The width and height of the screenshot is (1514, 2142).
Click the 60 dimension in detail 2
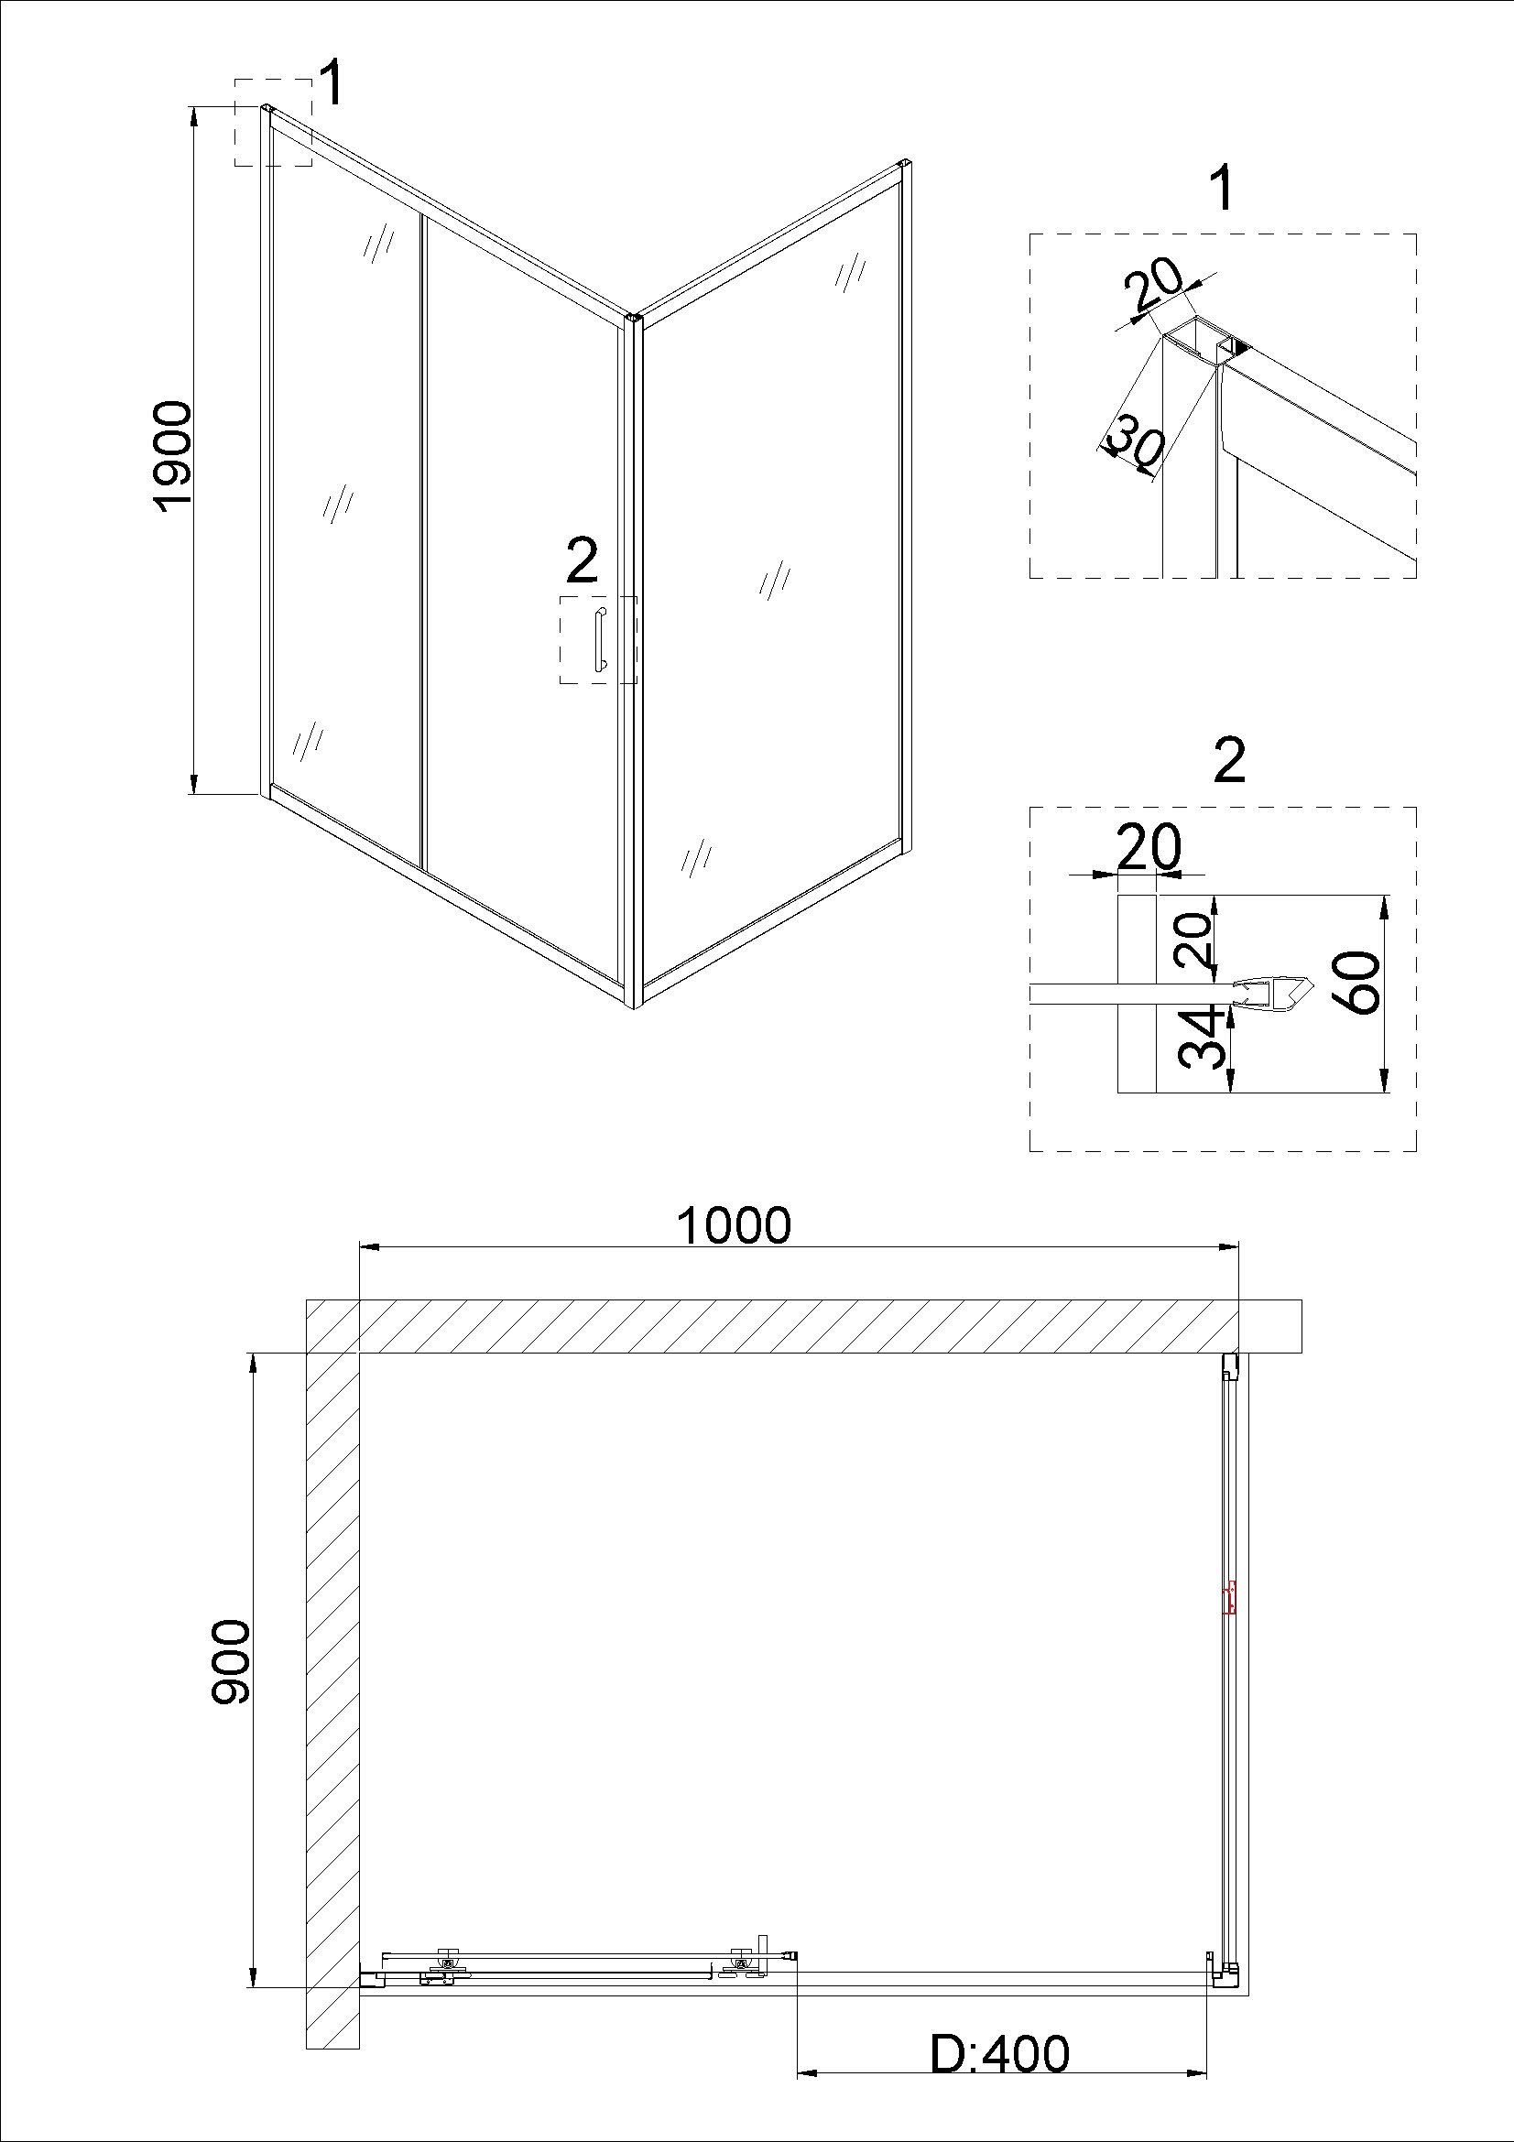1359,982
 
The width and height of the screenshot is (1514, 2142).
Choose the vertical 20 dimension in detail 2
1193,939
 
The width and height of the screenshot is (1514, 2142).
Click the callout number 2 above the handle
582,561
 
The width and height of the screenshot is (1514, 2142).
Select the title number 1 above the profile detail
1220,190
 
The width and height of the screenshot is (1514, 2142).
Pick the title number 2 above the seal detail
1230,762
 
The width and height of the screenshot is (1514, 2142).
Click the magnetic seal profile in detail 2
1271,991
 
